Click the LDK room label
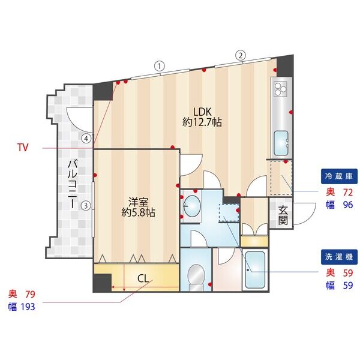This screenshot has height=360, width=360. pyautogui.click(x=202, y=118)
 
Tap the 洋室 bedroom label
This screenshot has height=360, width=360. pyautogui.click(x=138, y=207)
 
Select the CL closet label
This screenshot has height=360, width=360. pyautogui.click(x=143, y=278)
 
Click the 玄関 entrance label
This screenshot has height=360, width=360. pyautogui.click(x=283, y=215)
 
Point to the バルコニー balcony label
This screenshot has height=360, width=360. pyautogui.click(x=73, y=184)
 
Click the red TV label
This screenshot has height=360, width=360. pyautogui.click(x=23, y=148)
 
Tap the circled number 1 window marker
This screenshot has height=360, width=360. pyautogui.click(x=160, y=67)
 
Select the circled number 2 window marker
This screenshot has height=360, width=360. pyautogui.click(x=241, y=55)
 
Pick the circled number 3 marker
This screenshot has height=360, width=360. pyautogui.click(x=86, y=205)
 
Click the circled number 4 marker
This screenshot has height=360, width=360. pyautogui.click(x=86, y=139)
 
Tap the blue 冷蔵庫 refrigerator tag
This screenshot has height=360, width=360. pyautogui.click(x=339, y=176)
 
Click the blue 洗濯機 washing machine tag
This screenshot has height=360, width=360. pyautogui.click(x=339, y=257)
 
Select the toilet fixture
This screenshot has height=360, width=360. pyautogui.click(x=196, y=277)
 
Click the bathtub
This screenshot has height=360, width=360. pyautogui.click(x=255, y=270)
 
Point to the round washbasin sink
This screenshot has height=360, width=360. pyautogui.click(x=191, y=206)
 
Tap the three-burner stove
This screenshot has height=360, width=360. pyautogui.click(x=281, y=89)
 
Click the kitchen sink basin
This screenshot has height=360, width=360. pyautogui.click(x=281, y=143)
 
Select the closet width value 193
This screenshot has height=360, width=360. pyautogui.click(x=28, y=307)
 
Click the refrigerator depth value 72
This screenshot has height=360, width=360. pyautogui.click(x=348, y=193)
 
